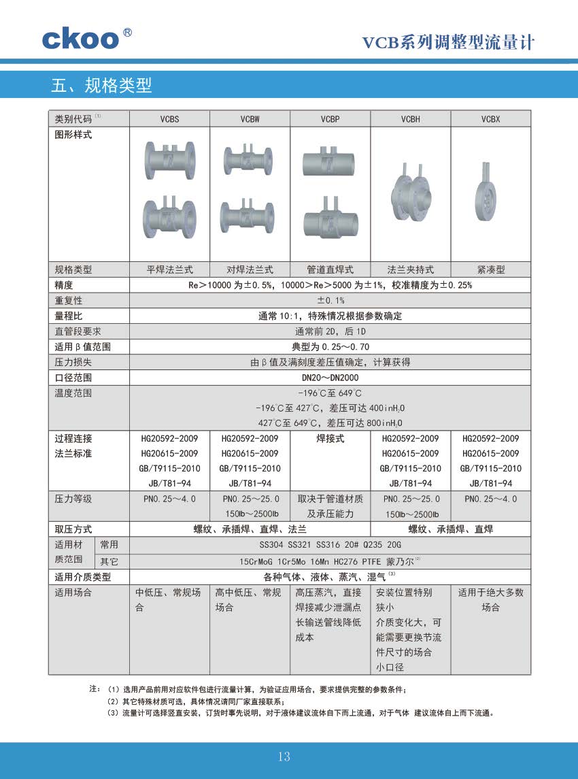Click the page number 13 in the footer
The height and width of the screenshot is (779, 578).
[284, 757]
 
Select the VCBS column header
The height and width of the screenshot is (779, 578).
[170, 119]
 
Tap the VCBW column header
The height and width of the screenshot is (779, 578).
[250, 119]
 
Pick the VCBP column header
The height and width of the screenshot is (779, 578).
[330, 119]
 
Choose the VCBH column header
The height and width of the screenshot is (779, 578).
[410, 119]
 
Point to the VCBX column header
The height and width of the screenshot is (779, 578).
[490, 119]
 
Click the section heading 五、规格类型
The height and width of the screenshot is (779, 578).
[101, 86]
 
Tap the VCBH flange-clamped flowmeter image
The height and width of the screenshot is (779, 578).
[410, 194]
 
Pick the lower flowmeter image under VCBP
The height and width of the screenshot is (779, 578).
[330, 217]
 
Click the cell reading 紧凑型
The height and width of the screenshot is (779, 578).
[490, 269]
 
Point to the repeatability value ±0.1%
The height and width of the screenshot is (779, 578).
[330, 300]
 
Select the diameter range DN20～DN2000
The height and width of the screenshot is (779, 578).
[330, 378]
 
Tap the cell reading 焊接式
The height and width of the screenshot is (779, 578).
[330, 439]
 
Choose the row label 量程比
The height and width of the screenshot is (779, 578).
[69, 316]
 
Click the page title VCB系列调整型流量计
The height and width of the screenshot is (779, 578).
[448, 43]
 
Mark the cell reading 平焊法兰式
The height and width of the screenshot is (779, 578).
[170, 269]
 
